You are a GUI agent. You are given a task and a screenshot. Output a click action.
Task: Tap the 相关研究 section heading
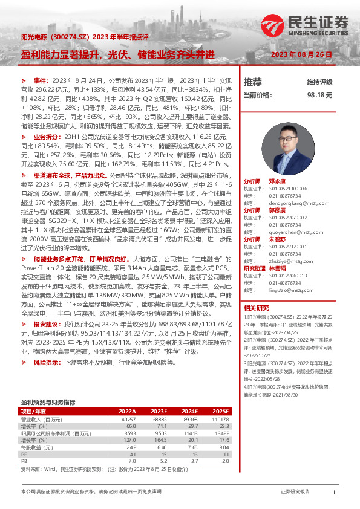pos(257,308)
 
